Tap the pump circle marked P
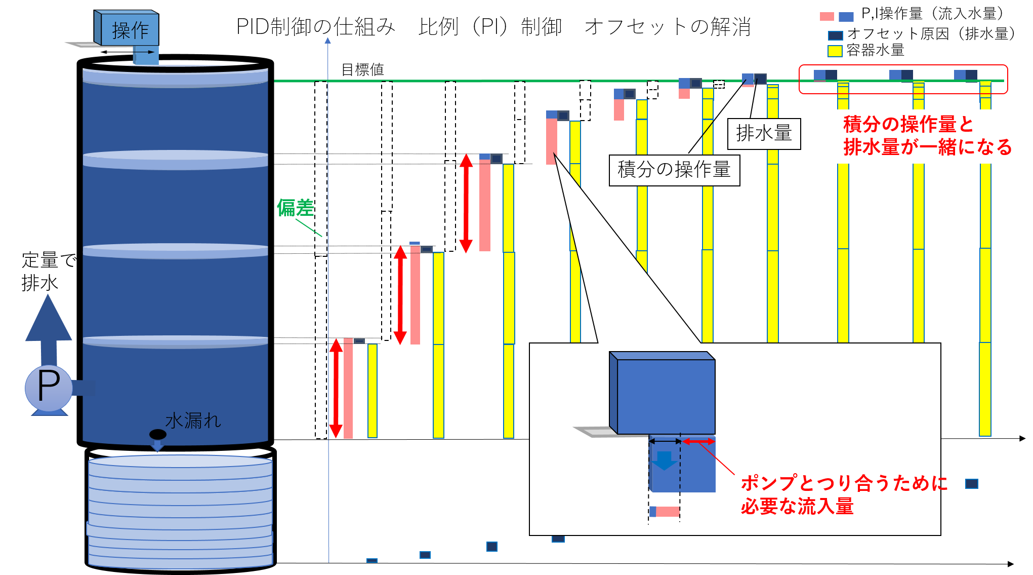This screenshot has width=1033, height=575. click(x=49, y=388)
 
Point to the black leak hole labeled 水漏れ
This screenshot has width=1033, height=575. click(x=158, y=434)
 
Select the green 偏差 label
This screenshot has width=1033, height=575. click(x=295, y=208)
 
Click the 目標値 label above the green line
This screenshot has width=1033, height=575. click(x=363, y=69)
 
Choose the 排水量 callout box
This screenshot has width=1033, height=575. click(x=764, y=134)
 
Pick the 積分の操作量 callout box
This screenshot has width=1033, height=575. click(x=674, y=170)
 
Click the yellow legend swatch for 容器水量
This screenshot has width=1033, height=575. click(x=835, y=51)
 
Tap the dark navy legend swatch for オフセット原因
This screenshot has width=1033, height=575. click(x=835, y=35)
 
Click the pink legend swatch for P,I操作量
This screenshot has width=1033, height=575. click(x=827, y=16)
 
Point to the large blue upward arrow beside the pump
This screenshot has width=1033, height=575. click(x=49, y=329)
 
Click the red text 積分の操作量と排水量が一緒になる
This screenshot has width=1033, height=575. click(x=927, y=135)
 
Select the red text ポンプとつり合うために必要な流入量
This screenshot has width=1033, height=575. click(x=844, y=494)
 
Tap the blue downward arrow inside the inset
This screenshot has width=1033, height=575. click(x=664, y=461)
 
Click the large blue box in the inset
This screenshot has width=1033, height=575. click(x=662, y=393)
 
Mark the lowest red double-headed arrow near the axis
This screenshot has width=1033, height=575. click(x=336, y=389)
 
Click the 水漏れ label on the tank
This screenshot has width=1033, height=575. click(x=193, y=420)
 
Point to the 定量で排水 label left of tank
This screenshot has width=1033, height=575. click(x=49, y=272)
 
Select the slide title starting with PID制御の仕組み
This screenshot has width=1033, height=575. click(x=493, y=26)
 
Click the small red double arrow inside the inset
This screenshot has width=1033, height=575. click(x=698, y=442)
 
